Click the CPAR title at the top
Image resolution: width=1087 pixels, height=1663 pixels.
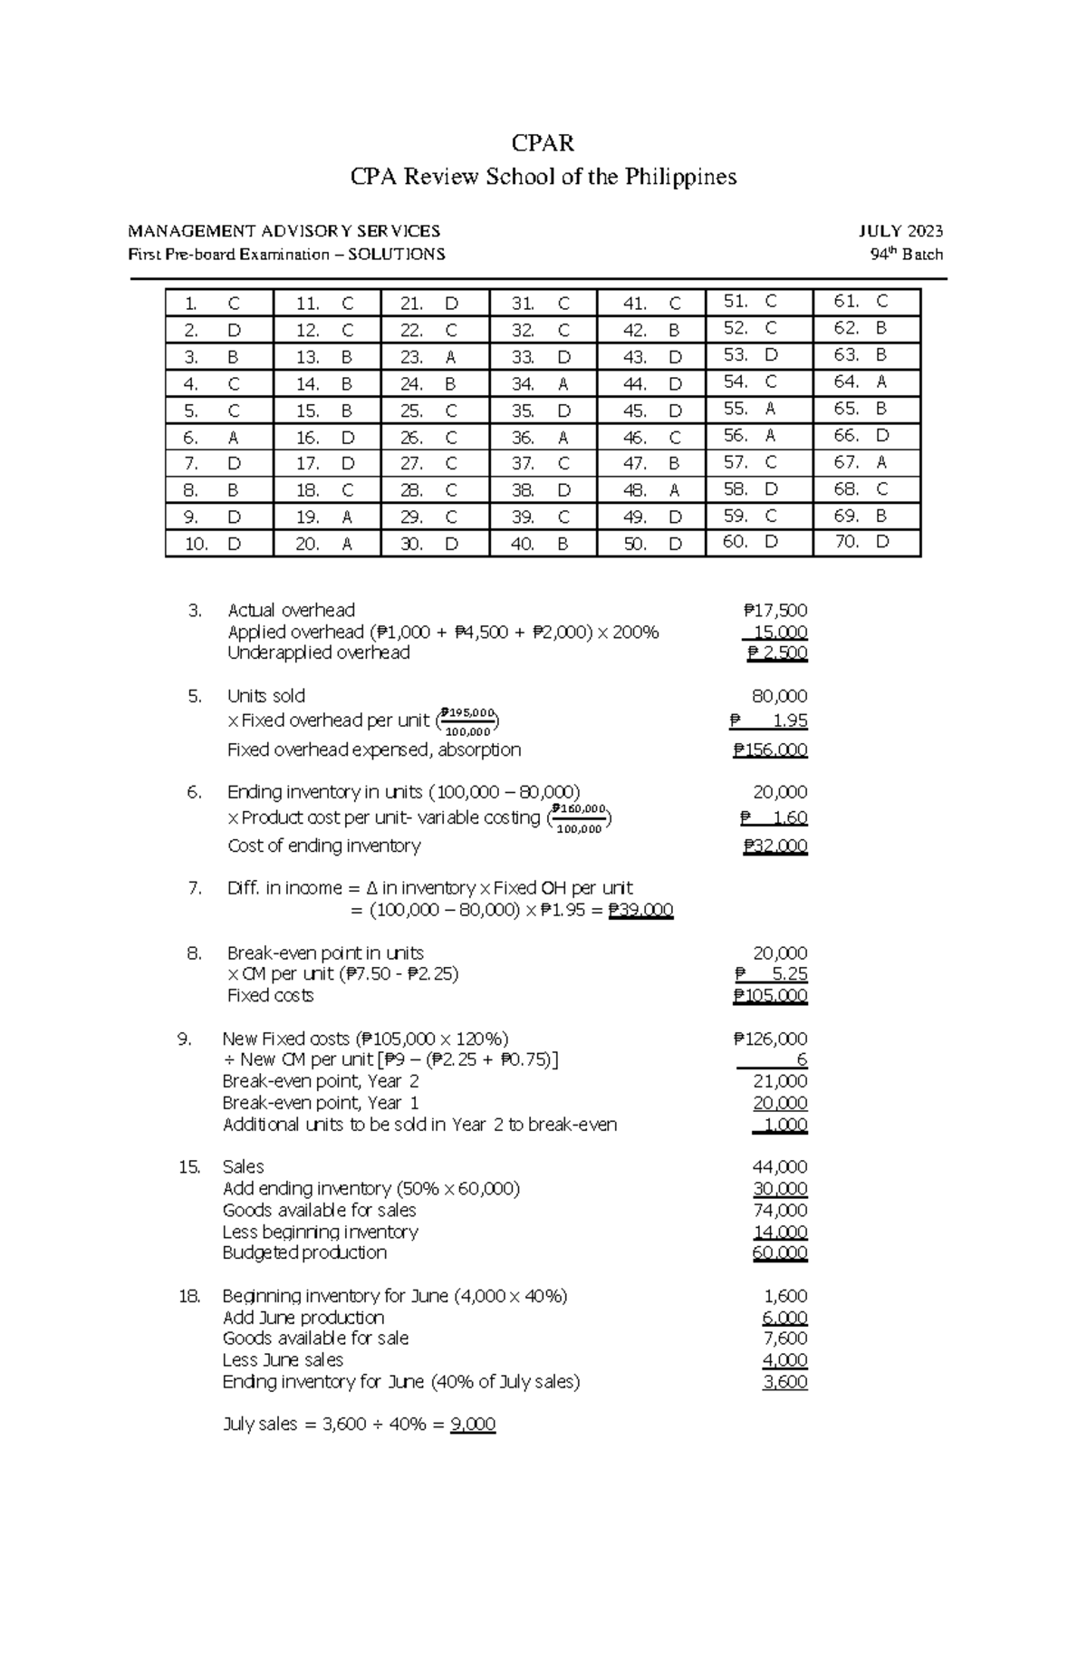(543, 143)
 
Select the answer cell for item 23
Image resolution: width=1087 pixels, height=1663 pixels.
(435, 357)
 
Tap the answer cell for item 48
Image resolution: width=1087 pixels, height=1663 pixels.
(651, 490)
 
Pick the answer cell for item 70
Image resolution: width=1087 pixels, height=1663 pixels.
(866, 543)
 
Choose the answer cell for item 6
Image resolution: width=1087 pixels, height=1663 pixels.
(218, 438)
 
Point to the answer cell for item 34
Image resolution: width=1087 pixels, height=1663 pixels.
(543, 384)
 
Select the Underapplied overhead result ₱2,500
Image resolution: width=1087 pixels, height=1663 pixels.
(777, 653)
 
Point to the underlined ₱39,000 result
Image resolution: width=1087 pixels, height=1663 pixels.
(640, 910)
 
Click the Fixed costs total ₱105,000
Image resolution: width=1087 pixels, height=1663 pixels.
(770, 995)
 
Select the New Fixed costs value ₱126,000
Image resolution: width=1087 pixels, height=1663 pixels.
(770, 1039)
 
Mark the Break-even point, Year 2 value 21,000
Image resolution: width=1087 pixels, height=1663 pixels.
(780, 1081)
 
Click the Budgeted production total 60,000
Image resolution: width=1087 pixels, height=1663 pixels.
(780, 1252)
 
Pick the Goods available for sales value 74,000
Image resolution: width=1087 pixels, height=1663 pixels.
(780, 1210)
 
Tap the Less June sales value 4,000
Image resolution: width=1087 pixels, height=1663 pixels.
(784, 1359)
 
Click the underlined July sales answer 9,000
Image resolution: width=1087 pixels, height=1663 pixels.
(473, 1424)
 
